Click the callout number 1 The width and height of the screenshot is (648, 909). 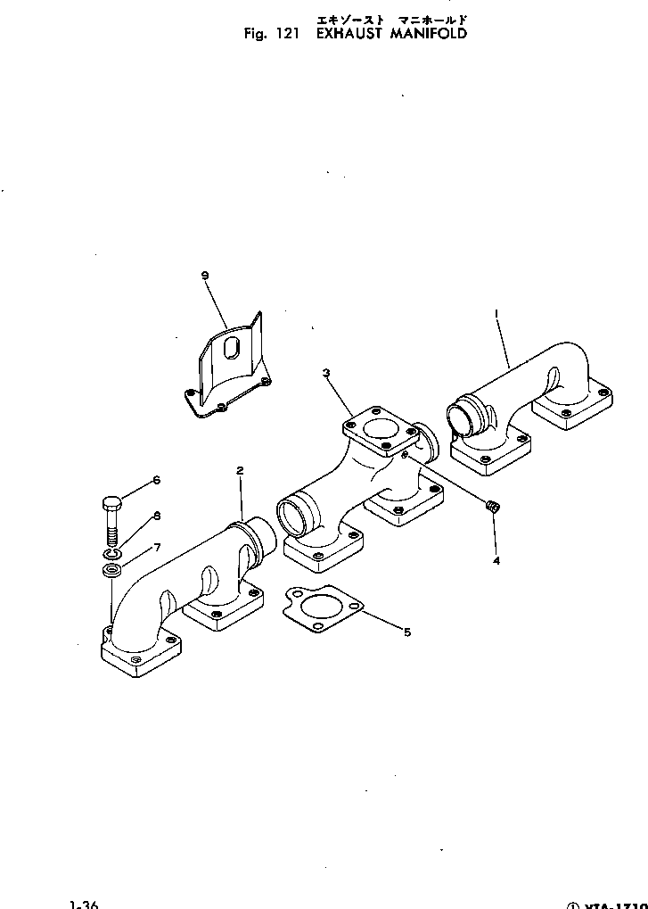(x=496, y=313)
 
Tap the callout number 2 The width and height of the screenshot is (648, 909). (x=239, y=469)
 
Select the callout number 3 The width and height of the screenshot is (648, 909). (x=327, y=372)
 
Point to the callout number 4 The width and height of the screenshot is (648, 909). (x=496, y=561)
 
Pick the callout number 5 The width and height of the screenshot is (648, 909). (x=407, y=632)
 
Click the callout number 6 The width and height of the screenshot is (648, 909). (x=156, y=480)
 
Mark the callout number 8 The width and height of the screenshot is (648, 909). (x=156, y=515)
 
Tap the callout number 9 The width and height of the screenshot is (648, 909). (x=206, y=276)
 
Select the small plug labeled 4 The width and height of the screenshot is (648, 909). (x=491, y=508)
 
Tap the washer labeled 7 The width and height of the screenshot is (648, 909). (x=111, y=570)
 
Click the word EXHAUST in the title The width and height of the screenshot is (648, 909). (x=349, y=34)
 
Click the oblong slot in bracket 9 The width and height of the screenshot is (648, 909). (x=231, y=349)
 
